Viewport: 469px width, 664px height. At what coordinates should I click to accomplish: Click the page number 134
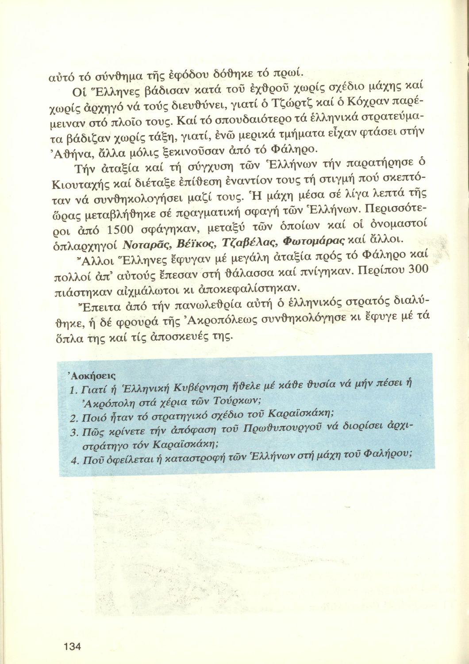[x=73, y=646]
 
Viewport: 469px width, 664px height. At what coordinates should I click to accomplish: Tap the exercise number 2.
[x=74, y=419]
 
